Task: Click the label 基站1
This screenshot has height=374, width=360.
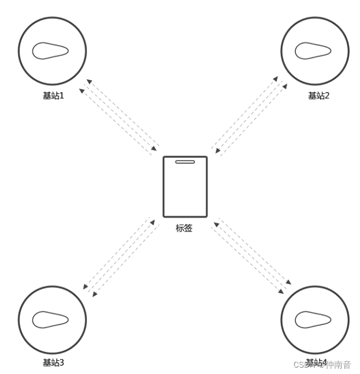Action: (53, 96)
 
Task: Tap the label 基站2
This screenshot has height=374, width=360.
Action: (318, 96)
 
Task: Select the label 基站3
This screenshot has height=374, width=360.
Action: (53, 362)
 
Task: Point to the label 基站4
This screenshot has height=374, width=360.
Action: (316, 362)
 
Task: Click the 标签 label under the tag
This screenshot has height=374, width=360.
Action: (184, 228)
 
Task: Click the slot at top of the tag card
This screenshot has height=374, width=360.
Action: (185, 162)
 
